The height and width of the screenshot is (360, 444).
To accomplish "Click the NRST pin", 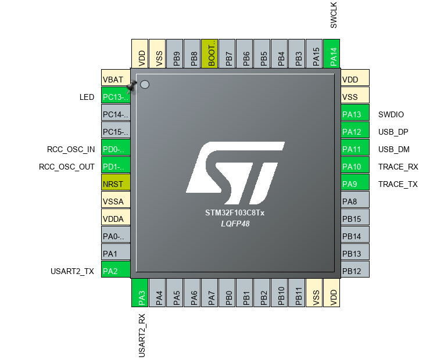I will (116, 184).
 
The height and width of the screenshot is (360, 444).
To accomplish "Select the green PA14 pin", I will (331, 54).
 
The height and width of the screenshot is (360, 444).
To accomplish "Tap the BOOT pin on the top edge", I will (209, 54).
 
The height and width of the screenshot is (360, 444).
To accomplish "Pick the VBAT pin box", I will (116, 80).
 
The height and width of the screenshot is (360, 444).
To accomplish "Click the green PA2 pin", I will (116, 271).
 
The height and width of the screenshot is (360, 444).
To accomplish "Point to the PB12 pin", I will (355, 271).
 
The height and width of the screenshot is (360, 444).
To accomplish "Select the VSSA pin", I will (116, 201).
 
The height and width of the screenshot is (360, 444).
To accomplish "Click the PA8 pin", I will (355, 201).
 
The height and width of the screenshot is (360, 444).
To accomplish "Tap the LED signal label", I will (87, 97).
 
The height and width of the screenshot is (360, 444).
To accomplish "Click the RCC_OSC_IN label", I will (71, 149).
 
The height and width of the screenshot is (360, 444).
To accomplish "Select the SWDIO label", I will (391, 114).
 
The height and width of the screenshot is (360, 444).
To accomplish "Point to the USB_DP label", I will (393, 132).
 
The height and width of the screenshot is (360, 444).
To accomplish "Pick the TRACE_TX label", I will (398, 184).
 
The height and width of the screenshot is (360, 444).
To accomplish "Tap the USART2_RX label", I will (141, 335).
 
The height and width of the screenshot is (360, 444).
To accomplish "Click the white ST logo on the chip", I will (235, 168).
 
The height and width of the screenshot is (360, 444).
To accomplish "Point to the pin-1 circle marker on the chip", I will (145, 85).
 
